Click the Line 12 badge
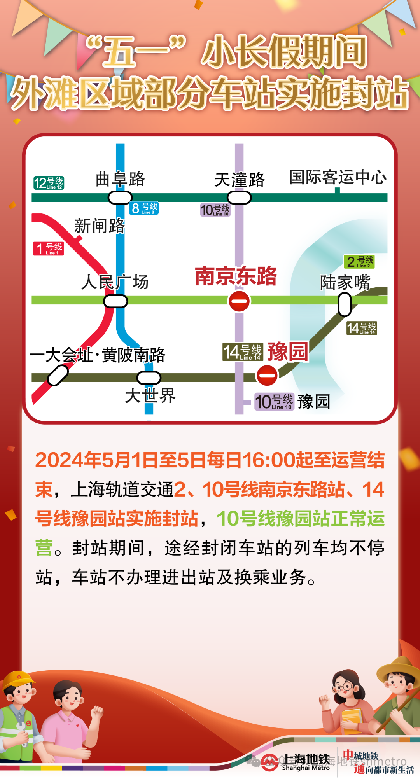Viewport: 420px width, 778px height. (49, 183)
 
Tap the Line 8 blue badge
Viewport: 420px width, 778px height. (144, 208)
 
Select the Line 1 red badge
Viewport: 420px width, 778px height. (49, 248)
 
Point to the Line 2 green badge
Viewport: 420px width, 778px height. (359, 262)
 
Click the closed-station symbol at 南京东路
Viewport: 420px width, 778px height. (239, 301)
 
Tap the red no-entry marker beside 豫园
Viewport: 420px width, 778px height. (267, 375)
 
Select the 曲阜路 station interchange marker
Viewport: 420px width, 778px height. (120, 198)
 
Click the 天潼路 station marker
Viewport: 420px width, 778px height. (239, 198)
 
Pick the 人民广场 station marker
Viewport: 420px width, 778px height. (115, 301)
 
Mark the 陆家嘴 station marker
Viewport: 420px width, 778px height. (345, 304)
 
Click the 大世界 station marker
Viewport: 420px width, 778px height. (149, 378)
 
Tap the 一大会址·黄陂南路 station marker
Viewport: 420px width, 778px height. (58, 376)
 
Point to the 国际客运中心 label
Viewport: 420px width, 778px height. (338, 177)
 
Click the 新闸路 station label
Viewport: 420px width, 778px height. (100, 226)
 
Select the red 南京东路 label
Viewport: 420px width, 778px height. (236, 276)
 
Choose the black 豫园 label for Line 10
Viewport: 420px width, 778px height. (314, 402)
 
